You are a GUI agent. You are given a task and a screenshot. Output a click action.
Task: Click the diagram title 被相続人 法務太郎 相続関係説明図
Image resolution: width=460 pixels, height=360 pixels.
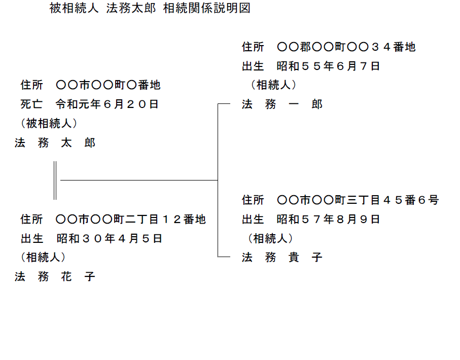click(x=150, y=8)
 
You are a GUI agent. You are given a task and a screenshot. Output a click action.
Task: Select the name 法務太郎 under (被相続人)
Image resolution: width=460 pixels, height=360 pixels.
click(x=55, y=143)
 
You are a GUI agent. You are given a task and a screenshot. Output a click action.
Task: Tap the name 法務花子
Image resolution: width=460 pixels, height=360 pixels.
click(x=55, y=276)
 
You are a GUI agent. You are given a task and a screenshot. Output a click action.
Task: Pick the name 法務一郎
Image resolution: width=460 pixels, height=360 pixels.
click(x=282, y=104)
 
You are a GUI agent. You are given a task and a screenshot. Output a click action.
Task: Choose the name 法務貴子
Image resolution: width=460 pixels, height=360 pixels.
click(x=282, y=257)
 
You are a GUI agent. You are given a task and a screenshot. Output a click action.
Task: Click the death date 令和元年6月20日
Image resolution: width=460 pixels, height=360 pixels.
click(x=108, y=104)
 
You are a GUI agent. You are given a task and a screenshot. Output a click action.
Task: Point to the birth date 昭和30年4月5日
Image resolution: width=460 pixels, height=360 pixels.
click(x=110, y=238)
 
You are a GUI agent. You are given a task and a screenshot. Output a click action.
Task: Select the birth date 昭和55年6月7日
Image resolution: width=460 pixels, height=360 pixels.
click(x=328, y=66)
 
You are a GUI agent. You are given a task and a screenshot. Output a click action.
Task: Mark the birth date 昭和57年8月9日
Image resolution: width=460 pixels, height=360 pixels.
click(x=328, y=219)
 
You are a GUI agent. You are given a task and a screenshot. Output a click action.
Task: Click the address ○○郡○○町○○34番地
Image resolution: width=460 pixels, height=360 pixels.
click(x=346, y=47)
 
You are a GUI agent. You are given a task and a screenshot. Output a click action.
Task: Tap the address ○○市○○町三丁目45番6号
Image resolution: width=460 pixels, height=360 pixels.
click(x=358, y=200)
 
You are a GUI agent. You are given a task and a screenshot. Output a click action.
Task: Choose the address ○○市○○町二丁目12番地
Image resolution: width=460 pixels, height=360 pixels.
click(x=131, y=219)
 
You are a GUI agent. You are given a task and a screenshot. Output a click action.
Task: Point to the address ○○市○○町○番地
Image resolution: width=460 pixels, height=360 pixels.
click(x=108, y=85)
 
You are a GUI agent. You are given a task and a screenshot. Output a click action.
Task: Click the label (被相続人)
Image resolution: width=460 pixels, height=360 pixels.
click(x=49, y=124)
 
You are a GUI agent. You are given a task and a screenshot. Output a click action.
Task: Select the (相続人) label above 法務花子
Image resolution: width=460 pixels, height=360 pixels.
click(x=43, y=257)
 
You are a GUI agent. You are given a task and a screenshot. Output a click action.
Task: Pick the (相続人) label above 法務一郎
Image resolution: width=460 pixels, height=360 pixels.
click(x=273, y=85)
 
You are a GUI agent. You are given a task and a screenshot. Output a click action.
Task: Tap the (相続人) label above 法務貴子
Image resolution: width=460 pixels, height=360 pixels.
click(x=270, y=238)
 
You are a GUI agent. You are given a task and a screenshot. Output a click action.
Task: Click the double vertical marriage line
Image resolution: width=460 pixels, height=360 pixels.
click(x=55, y=180)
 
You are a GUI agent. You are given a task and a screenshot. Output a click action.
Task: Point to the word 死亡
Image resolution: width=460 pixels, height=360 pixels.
click(x=31, y=104)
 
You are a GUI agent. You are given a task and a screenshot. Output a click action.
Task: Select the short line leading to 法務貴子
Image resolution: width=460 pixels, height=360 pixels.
click(x=224, y=257)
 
